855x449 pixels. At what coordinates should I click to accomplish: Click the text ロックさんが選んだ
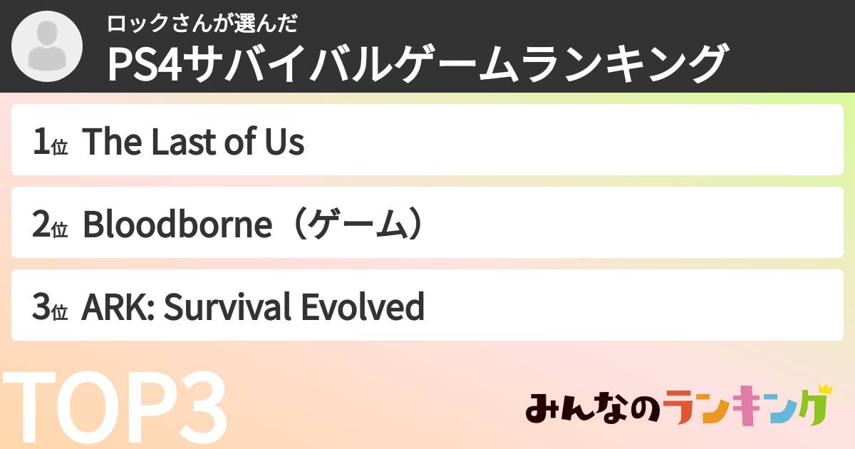tap(202, 23)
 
